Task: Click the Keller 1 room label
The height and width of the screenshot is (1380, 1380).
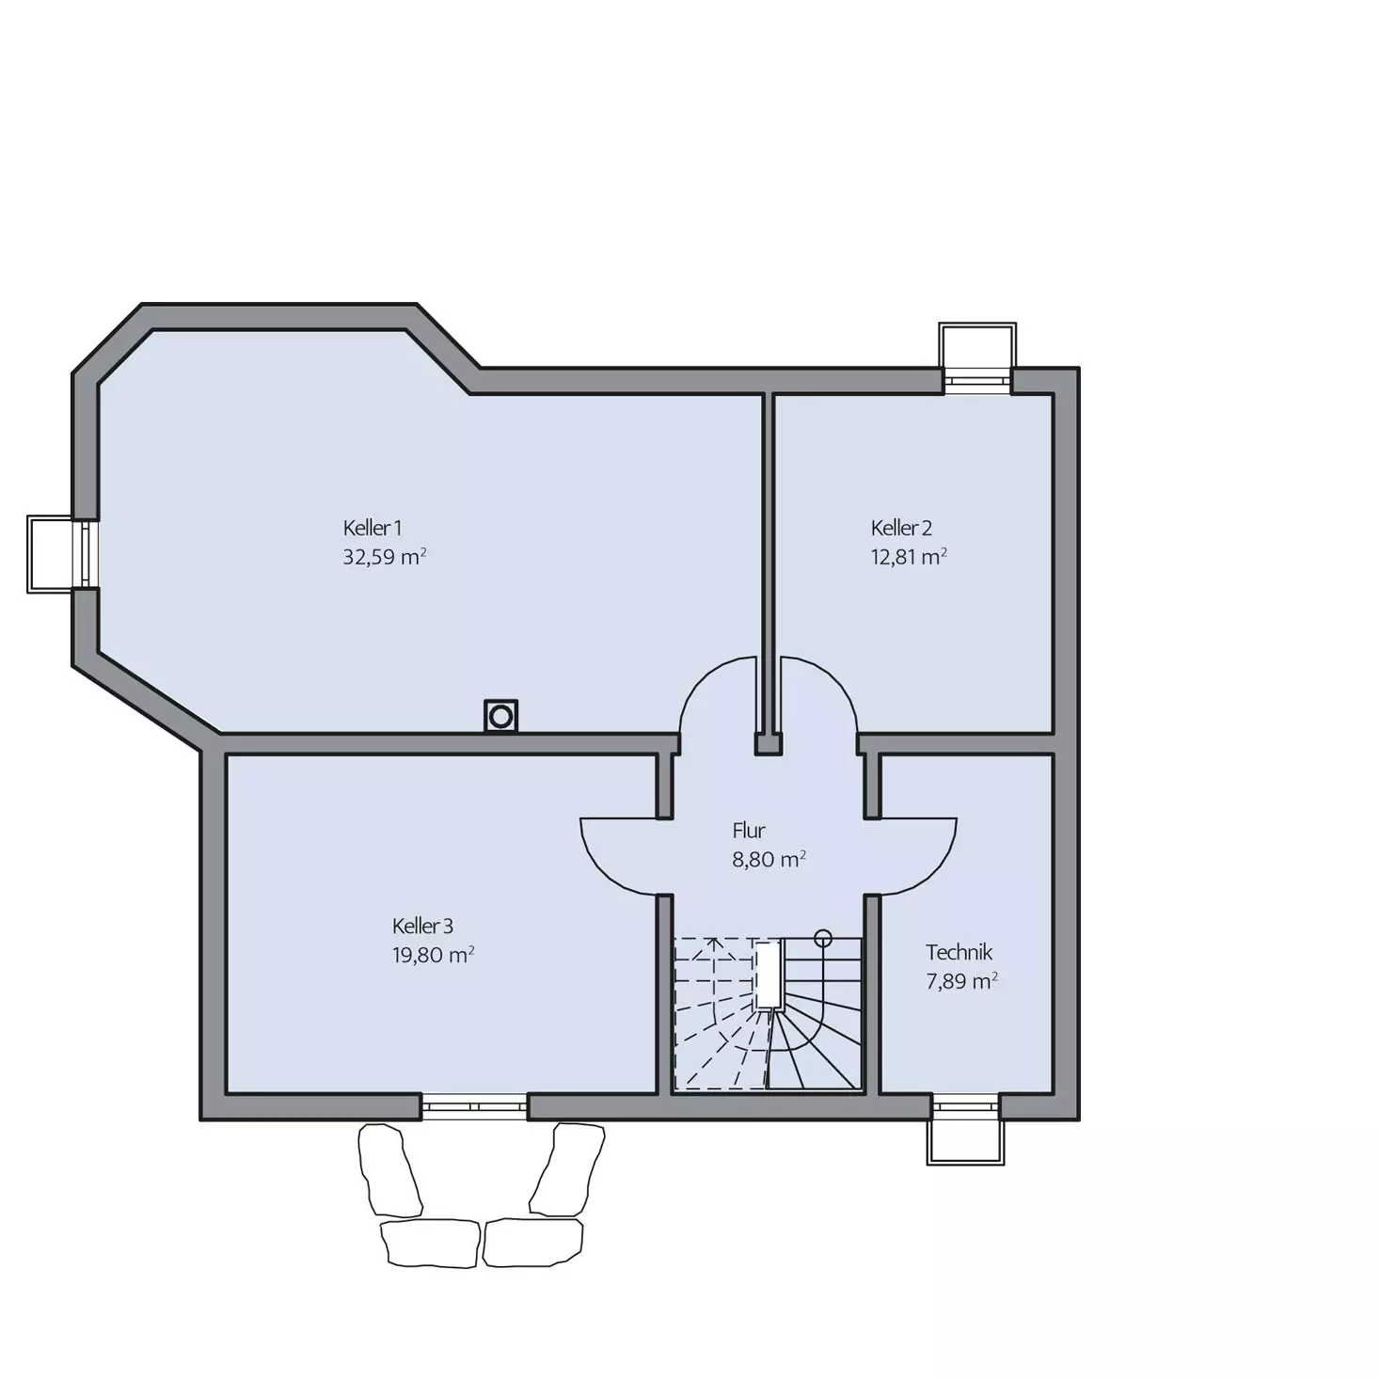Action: (372, 529)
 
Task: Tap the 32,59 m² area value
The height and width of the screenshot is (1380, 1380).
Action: (385, 557)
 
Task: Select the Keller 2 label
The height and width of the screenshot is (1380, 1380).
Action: (901, 529)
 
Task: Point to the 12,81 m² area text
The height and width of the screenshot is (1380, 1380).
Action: (909, 557)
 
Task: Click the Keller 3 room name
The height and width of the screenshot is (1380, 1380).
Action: (422, 927)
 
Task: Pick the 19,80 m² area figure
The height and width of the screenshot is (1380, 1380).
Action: (434, 956)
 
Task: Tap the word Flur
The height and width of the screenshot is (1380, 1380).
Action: (749, 831)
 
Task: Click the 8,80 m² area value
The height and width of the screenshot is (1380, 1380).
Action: (769, 860)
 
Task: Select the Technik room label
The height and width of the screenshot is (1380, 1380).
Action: (959, 953)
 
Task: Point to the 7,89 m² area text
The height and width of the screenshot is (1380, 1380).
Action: (961, 981)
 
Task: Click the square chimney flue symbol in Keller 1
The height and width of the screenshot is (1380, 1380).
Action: (500, 716)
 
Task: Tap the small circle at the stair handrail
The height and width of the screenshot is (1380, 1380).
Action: (823, 938)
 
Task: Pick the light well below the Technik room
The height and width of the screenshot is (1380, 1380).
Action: (965, 1141)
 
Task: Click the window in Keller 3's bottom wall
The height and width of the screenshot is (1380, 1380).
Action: (474, 1107)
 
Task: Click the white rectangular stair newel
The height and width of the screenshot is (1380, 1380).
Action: (769, 975)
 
